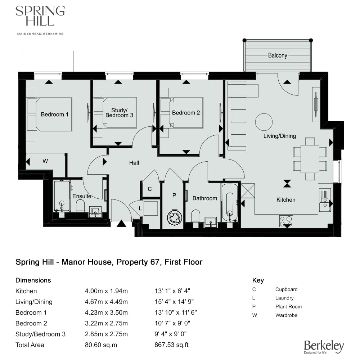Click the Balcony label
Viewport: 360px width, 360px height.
click(x=278, y=55)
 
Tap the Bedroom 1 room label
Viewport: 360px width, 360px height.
click(x=55, y=114)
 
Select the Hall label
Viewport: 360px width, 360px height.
click(x=134, y=163)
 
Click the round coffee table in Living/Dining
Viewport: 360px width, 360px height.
click(x=264, y=122)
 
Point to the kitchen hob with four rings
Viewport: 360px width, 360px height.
click(x=286, y=221)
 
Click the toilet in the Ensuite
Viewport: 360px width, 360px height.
click(x=80, y=206)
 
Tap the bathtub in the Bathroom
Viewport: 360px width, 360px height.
click(x=230, y=202)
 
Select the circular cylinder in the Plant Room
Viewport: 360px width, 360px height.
click(x=175, y=217)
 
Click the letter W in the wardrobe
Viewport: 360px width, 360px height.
click(x=45, y=161)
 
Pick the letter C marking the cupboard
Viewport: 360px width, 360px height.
click(x=150, y=189)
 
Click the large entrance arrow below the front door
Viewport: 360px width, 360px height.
click(x=121, y=224)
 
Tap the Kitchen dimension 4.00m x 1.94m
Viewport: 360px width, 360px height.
click(x=106, y=291)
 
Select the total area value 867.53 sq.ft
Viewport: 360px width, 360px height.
click(x=171, y=345)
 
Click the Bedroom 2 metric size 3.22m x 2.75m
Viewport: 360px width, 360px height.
click(x=106, y=323)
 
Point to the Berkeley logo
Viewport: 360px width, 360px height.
click(x=324, y=347)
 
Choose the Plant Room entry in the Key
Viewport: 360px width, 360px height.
click(x=289, y=306)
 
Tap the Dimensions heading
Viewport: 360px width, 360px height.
click(x=33, y=280)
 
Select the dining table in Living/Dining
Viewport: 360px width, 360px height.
click(x=310, y=159)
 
